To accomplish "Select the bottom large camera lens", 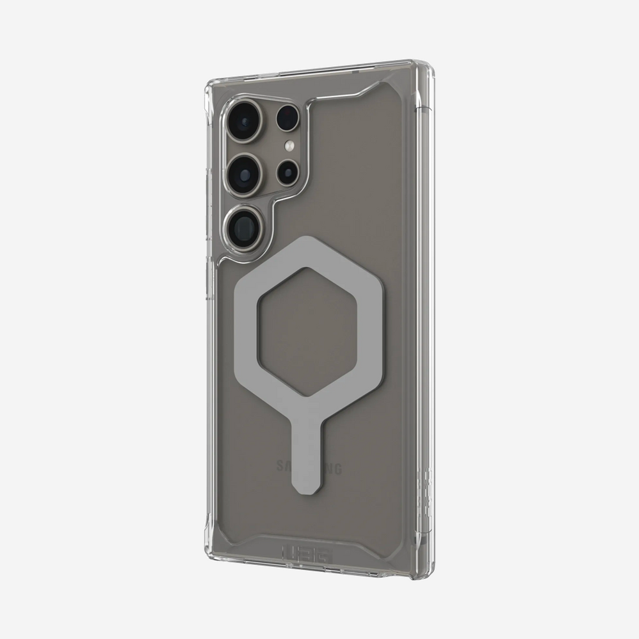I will (x=241, y=224).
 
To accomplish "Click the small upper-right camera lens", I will (x=288, y=118).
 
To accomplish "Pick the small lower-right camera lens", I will (x=287, y=172).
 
